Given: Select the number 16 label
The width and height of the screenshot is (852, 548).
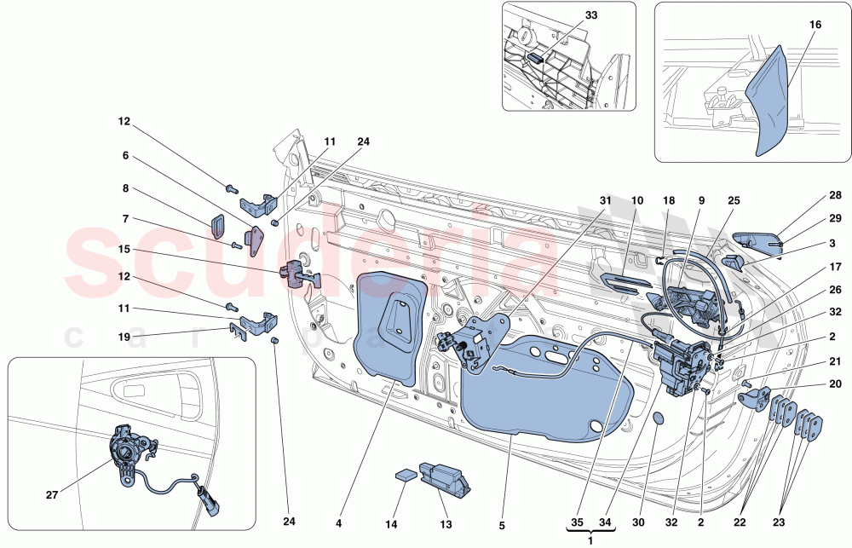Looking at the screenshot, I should (815, 26).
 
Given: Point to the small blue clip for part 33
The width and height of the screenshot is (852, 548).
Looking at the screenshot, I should (536, 59).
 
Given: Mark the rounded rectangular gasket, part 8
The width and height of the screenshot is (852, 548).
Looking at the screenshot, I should (217, 226).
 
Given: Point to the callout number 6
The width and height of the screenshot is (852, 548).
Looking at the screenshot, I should (124, 156).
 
